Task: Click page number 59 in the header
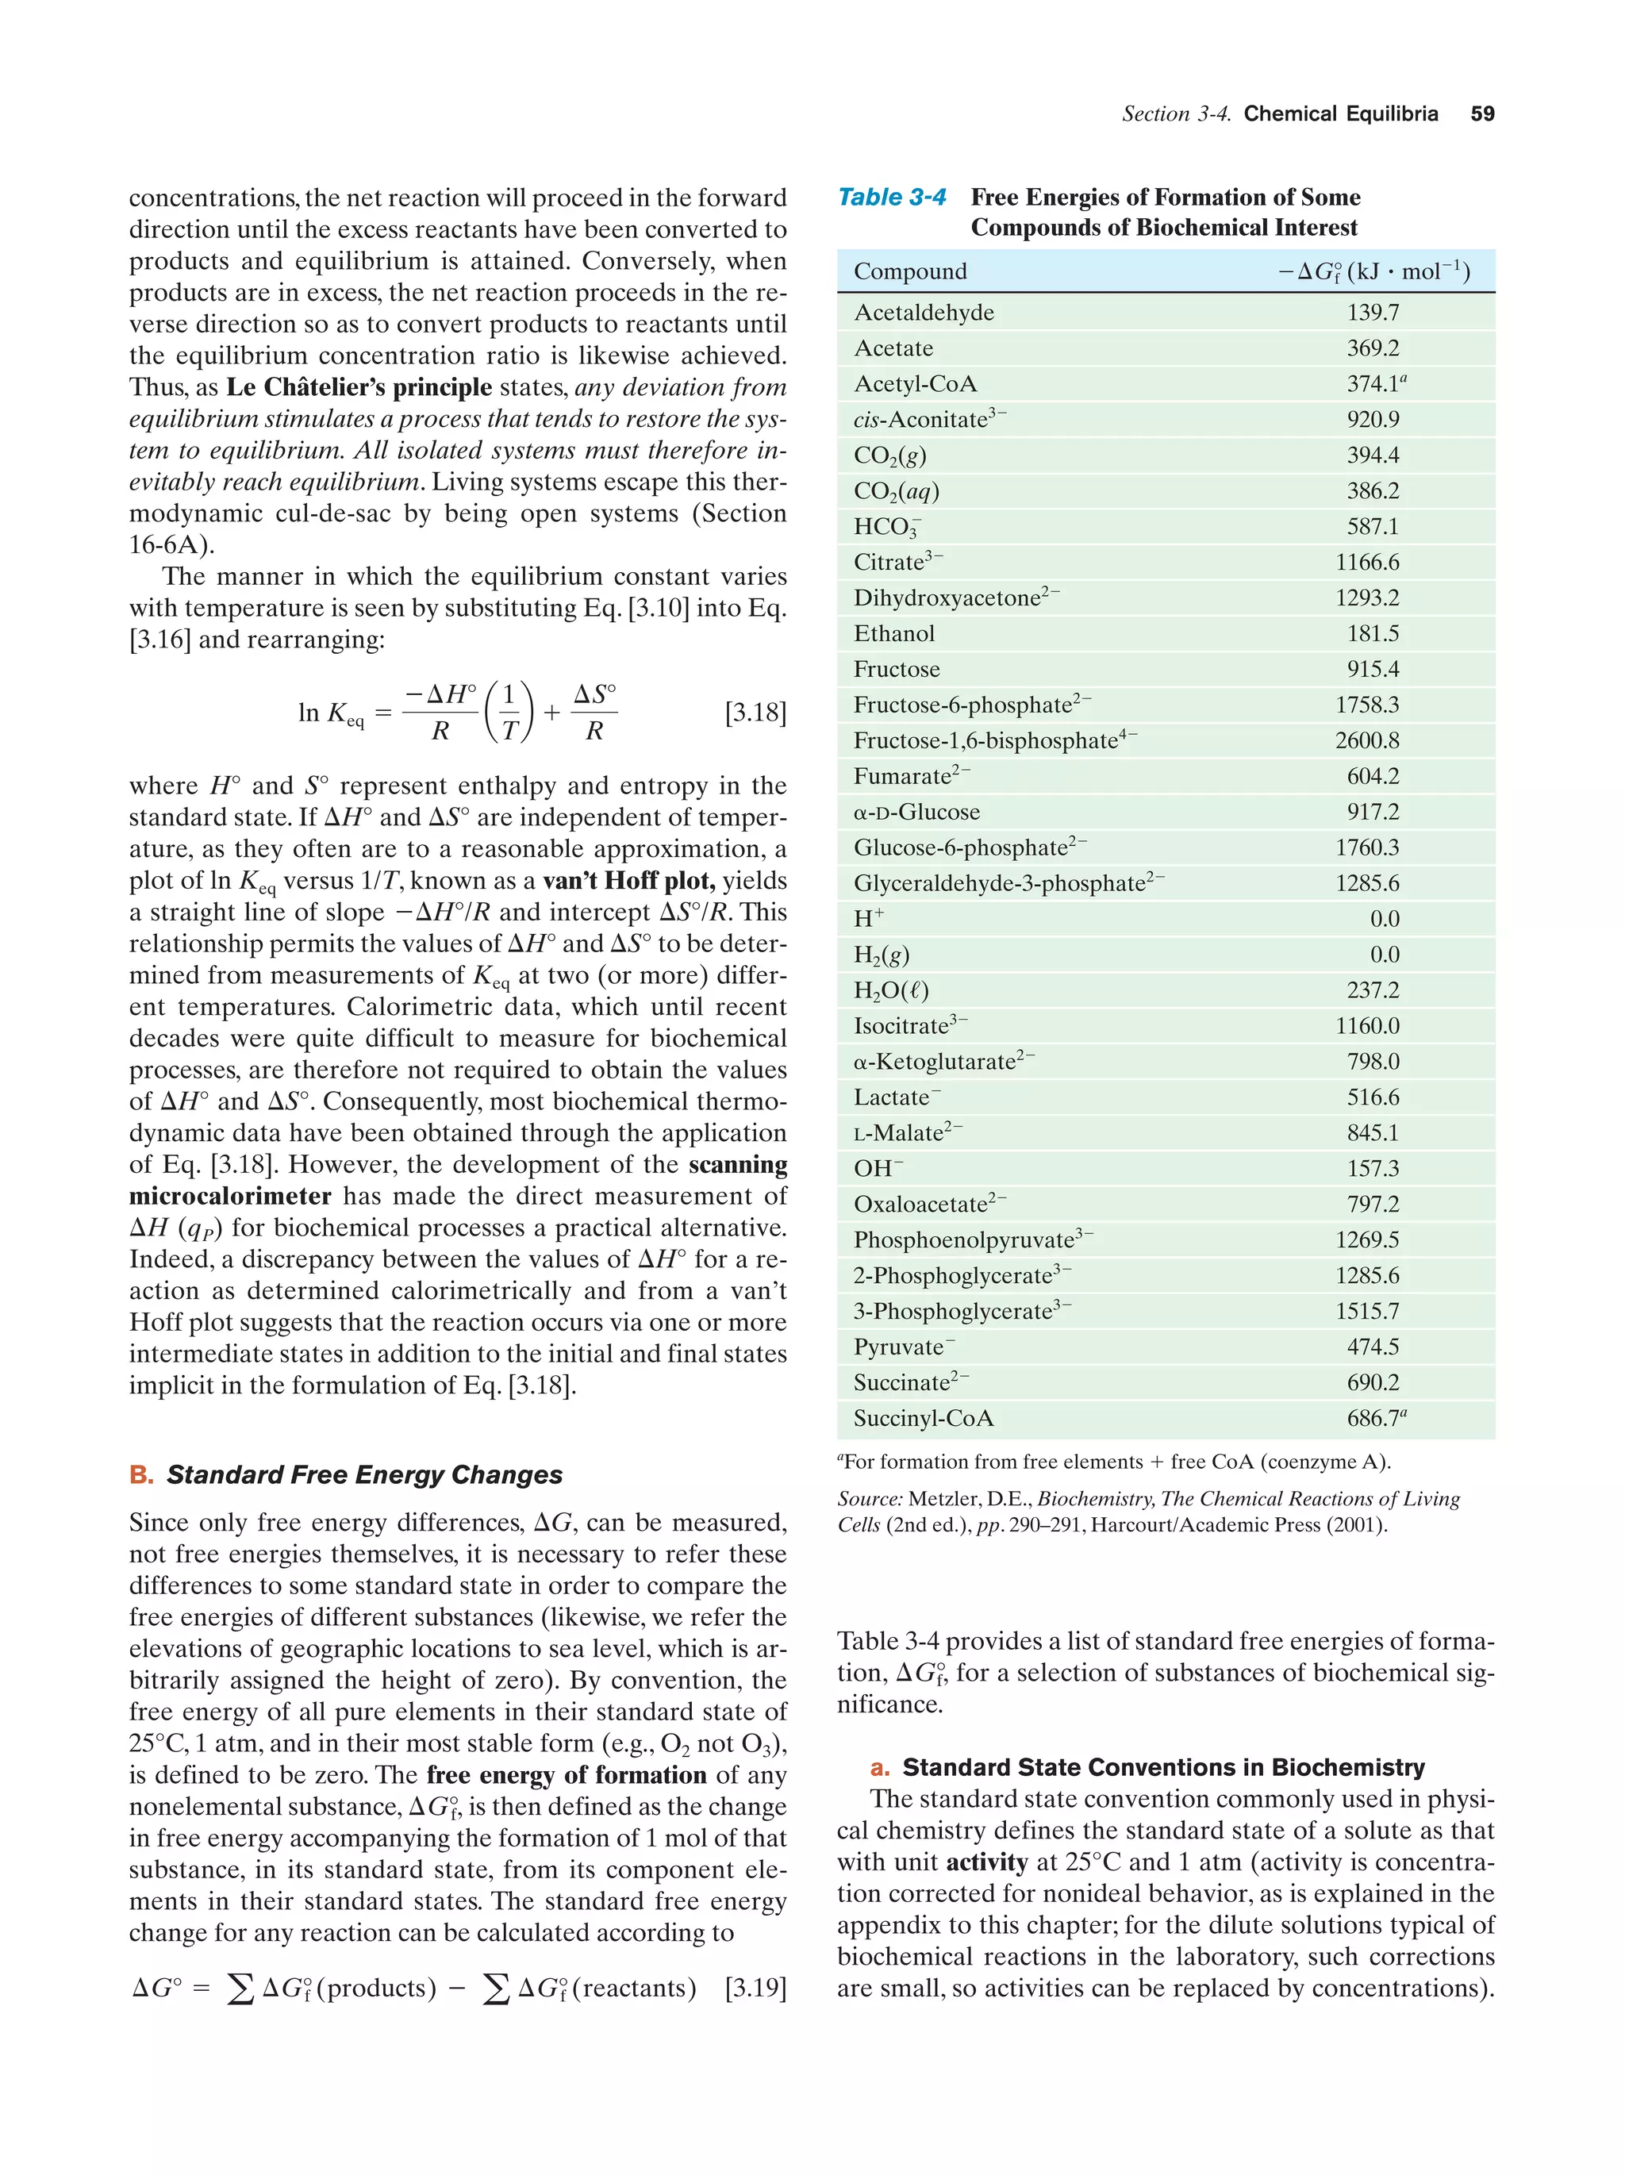click(1481, 114)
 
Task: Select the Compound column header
click(909, 271)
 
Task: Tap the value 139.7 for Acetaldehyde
click(1373, 313)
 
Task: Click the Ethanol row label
click(893, 633)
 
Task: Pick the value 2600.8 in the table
click(1366, 740)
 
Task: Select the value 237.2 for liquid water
click(1373, 990)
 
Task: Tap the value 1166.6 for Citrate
click(1366, 563)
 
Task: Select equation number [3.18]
click(755, 713)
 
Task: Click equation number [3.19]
click(755, 1987)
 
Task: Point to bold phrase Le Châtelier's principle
click(359, 387)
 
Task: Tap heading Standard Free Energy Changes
click(363, 1475)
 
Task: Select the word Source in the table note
click(869, 1498)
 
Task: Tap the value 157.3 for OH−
click(1373, 1168)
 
